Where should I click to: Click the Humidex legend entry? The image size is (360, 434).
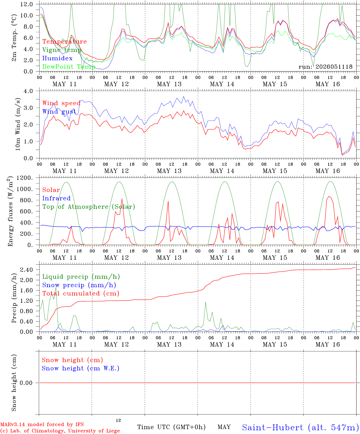click(x=57, y=58)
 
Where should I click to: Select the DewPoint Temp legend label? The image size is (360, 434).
click(x=69, y=67)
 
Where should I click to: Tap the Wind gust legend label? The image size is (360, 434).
click(x=59, y=112)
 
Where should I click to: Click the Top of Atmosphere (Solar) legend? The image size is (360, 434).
click(x=89, y=207)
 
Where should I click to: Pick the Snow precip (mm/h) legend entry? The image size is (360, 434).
click(x=79, y=285)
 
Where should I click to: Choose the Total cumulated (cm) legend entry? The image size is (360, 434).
click(x=81, y=293)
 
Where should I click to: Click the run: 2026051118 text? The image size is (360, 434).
click(x=325, y=67)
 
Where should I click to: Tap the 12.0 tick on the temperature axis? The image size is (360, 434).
click(x=27, y=4)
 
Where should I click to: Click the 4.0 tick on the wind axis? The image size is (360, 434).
click(x=28, y=91)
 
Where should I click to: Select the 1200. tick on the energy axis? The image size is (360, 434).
click(x=25, y=178)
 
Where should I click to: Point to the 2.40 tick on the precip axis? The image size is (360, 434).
click(x=27, y=270)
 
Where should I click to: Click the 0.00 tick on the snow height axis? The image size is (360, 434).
click(x=26, y=383)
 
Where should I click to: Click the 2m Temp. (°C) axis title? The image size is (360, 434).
click(x=14, y=38)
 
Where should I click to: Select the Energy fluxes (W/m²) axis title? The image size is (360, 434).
click(x=10, y=211)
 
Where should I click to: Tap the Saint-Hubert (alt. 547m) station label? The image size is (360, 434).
click(x=299, y=427)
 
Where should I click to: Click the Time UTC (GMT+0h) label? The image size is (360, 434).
click(x=171, y=427)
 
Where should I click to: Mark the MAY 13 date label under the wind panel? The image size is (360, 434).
click(x=169, y=171)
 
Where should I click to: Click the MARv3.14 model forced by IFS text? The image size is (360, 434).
click(x=42, y=424)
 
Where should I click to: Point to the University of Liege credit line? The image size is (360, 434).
click(x=60, y=431)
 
